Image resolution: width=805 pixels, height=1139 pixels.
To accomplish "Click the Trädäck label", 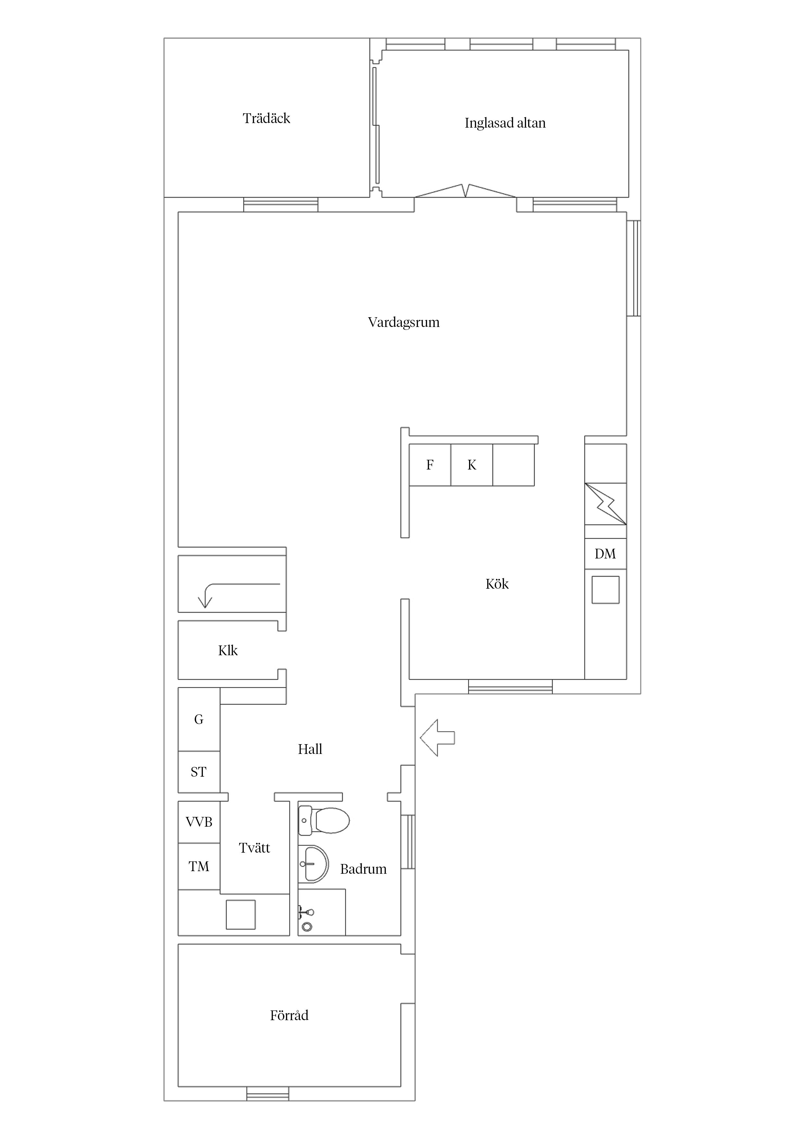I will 266,118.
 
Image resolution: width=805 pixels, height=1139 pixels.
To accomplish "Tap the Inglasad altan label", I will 505,123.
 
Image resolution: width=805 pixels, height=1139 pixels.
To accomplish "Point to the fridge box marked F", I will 430,465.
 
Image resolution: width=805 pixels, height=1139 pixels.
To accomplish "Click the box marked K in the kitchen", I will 472,465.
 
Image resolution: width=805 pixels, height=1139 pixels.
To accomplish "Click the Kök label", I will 497,584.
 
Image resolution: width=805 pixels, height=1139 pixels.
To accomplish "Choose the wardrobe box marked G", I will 199,719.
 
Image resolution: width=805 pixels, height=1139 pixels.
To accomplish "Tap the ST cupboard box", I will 199,772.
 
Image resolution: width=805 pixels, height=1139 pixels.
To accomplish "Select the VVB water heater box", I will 199,822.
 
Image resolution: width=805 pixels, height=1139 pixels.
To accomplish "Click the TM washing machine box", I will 199,867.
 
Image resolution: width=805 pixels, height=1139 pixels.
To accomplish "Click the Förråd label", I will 289,1016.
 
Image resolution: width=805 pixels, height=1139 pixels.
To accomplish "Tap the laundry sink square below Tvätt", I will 241,914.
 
